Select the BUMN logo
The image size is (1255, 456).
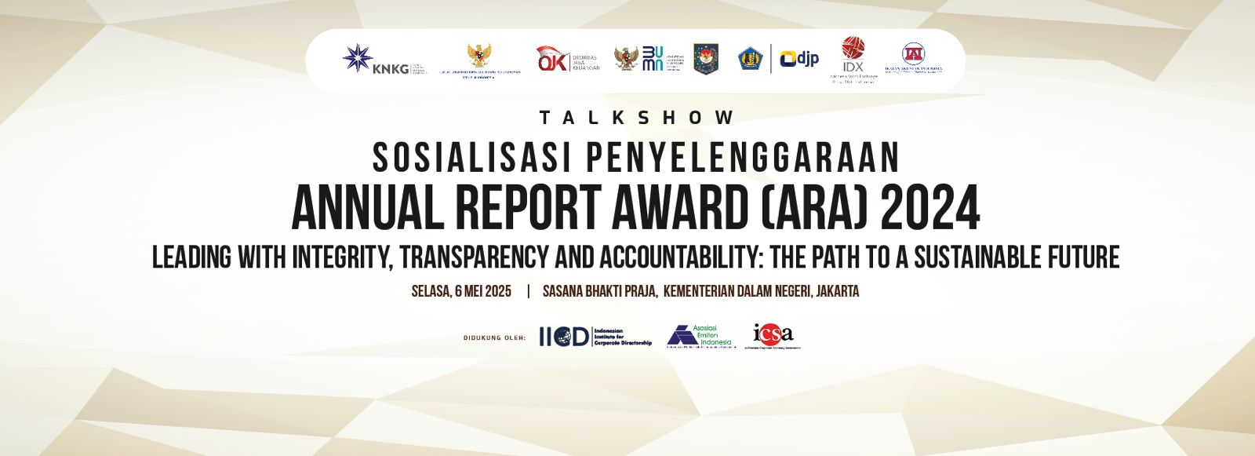pyautogui.click(x=653, y=59)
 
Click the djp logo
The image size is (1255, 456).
pyautogui.click(x=798, y=59)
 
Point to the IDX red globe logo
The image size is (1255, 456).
pyautogui.click(x=853, y=49)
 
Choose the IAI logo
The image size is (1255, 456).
pyautogui.click(x=913, y=53)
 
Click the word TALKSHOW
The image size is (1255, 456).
pyautogui.click(x=637, y=118)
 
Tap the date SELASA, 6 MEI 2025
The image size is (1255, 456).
pyautogui.click(x=461, y=291)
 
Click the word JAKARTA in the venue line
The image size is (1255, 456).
pyautogui.click(x=837, y=291)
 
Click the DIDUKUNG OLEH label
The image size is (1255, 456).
pyautogui.click(x=494, y=338)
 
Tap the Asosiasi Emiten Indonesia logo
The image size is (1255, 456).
pyautogui.click(x=699, y=336)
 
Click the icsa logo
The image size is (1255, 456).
pyautogui.click(x=773, y=334)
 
